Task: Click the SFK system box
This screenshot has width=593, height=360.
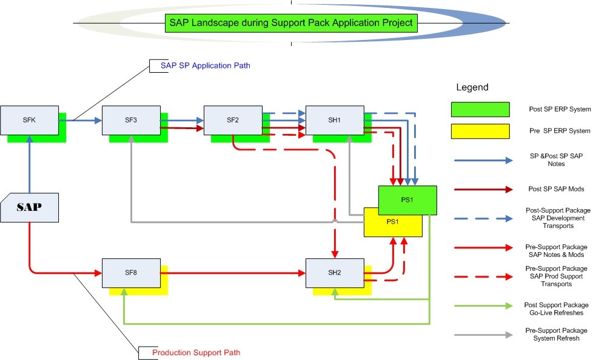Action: [x=29, y=119]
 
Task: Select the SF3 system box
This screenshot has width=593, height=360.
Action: [x=130, y=119]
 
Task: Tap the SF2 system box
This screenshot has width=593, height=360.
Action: [x=232, y=119]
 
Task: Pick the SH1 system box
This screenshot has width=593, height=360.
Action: [x=334, y=119]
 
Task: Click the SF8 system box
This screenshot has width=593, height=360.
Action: [x=130, y=272]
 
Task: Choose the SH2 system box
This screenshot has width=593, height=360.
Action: [x=334, y=272]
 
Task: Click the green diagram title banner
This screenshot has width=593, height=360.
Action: [x=291, y=23]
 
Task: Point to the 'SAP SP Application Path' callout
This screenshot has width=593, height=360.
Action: [x=205, y=65]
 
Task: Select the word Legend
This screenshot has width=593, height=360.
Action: [x=472, y=88]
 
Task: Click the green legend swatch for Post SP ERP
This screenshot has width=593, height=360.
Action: [x=480, y=109]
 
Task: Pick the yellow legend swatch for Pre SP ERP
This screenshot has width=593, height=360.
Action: [x=480, y=131]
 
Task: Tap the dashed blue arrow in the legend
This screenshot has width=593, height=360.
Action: [x=483, y=218]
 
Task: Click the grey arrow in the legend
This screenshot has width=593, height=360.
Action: [x=483, y=334]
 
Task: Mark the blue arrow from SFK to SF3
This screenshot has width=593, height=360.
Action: [x=80, y=120]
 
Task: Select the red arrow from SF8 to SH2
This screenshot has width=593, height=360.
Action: [x=233, y=273]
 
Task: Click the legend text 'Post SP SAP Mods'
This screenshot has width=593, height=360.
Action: [x=555, y=189]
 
